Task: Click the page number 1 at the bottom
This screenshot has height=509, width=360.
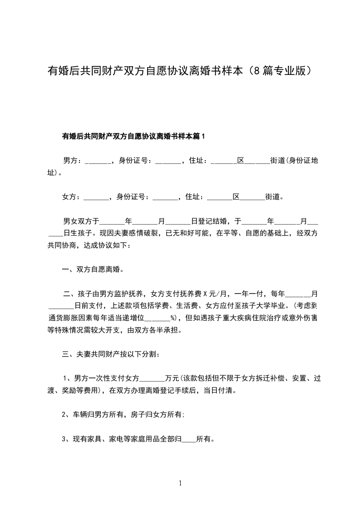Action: pos(180,483)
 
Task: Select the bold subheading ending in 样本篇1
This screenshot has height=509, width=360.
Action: pos(133,135)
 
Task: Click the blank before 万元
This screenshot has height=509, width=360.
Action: pos(153,378)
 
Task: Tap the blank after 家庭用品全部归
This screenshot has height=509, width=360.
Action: pos(188,439)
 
